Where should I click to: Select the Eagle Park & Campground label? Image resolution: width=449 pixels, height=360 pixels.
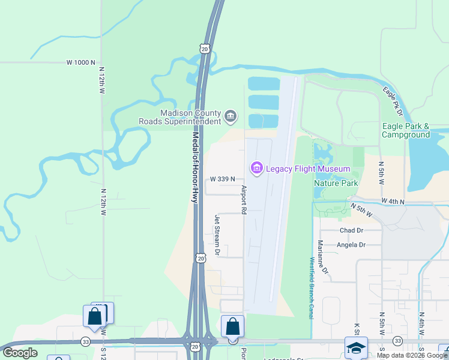406,130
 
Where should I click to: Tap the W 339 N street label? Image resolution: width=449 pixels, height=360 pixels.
222,179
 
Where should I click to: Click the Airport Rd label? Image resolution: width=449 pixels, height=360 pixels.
244,200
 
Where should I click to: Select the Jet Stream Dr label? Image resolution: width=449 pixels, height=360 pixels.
218,235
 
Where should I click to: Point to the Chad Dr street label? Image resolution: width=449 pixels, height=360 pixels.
352,230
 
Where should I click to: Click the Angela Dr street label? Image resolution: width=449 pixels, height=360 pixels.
351,245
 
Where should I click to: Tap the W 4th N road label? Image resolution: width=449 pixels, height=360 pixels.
393,202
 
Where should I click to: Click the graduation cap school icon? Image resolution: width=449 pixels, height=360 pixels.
356,347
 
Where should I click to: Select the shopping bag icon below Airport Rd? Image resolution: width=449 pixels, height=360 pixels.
233,327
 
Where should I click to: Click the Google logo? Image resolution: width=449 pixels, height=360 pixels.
20,353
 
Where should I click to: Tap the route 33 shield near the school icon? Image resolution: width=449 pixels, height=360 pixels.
397,341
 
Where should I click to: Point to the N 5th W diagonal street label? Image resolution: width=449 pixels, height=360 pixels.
361,211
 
